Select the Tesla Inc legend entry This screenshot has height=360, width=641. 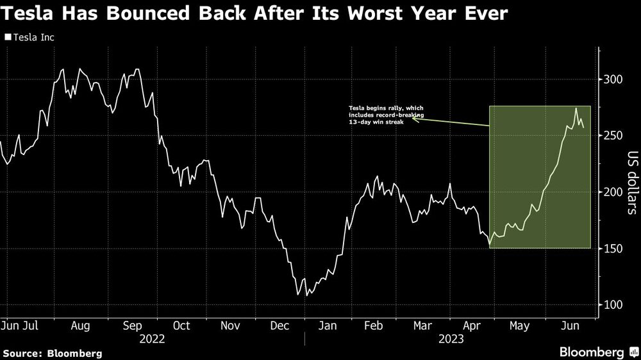pyautogui.click(x=29, y=38)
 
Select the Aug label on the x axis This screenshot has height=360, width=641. pyautogui.click(x=80, y=326)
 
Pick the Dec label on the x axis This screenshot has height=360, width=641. pyautogui.click(x=280, y=326)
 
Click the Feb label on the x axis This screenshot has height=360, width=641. pyautogui.click(x=374, y=326)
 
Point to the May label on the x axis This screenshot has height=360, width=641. pyautogui.click(x=519, y=326)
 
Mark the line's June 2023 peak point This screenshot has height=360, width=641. pyautogui.click(x=576, y=108)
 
